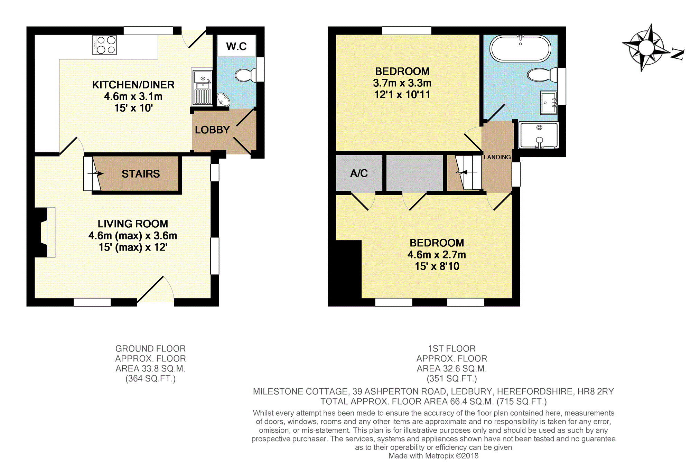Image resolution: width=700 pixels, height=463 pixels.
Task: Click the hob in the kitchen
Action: tap(104, 45)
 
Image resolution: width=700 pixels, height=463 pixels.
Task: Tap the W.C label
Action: tap(236, 46)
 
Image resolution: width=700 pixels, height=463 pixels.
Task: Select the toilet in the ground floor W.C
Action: tap(245, 75)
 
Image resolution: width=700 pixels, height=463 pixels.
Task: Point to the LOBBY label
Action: tap(212, 130)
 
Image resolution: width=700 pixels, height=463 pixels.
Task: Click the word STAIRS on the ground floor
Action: tap(141, 174)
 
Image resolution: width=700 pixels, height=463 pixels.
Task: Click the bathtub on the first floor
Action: tap(520, 48)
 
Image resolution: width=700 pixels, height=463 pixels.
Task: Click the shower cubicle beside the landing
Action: tap(539, 135)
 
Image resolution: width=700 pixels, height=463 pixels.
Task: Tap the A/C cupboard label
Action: tap(359, 173)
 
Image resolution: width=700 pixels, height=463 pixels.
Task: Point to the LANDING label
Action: tap(497, 157)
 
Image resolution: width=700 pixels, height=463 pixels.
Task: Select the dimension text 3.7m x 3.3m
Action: tap(402, 83)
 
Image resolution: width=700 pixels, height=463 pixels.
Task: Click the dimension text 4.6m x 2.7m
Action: tap(437, 255)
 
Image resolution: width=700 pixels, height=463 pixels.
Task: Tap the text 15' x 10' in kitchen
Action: tap(133, 108)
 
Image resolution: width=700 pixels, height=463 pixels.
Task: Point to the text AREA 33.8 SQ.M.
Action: tap(150, 369)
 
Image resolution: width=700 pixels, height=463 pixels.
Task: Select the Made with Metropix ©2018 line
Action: tap(433, 456)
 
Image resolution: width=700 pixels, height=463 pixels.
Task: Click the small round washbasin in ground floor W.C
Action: tap(224, 100)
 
